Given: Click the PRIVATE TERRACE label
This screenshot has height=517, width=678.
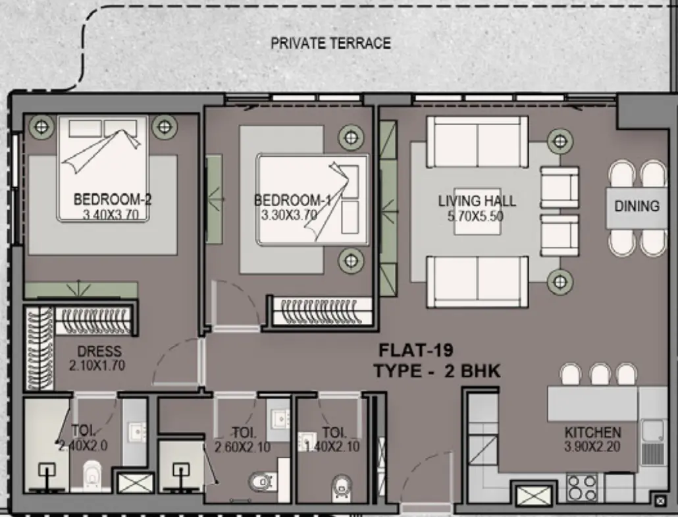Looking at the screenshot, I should point(330,43).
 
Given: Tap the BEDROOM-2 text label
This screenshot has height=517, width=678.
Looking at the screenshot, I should point(113,198).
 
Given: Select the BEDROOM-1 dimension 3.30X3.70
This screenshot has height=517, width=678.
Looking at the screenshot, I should point(289,215).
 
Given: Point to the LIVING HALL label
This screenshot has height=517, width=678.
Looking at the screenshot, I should point(477,201).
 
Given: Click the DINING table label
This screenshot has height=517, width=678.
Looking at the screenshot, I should point(637,206).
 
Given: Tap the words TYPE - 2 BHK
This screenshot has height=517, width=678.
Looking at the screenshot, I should point(437,371).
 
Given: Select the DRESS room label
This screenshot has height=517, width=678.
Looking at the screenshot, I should point(99,352).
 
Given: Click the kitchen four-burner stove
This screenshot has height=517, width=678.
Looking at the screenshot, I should point(582,488).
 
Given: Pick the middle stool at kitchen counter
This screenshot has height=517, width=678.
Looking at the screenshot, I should point(600,375).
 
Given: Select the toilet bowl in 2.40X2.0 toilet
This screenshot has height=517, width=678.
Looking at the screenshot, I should point(91,473).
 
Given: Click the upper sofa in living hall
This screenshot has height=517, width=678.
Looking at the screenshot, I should point(477,142).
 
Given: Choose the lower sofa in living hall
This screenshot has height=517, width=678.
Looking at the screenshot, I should point(477,282).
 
